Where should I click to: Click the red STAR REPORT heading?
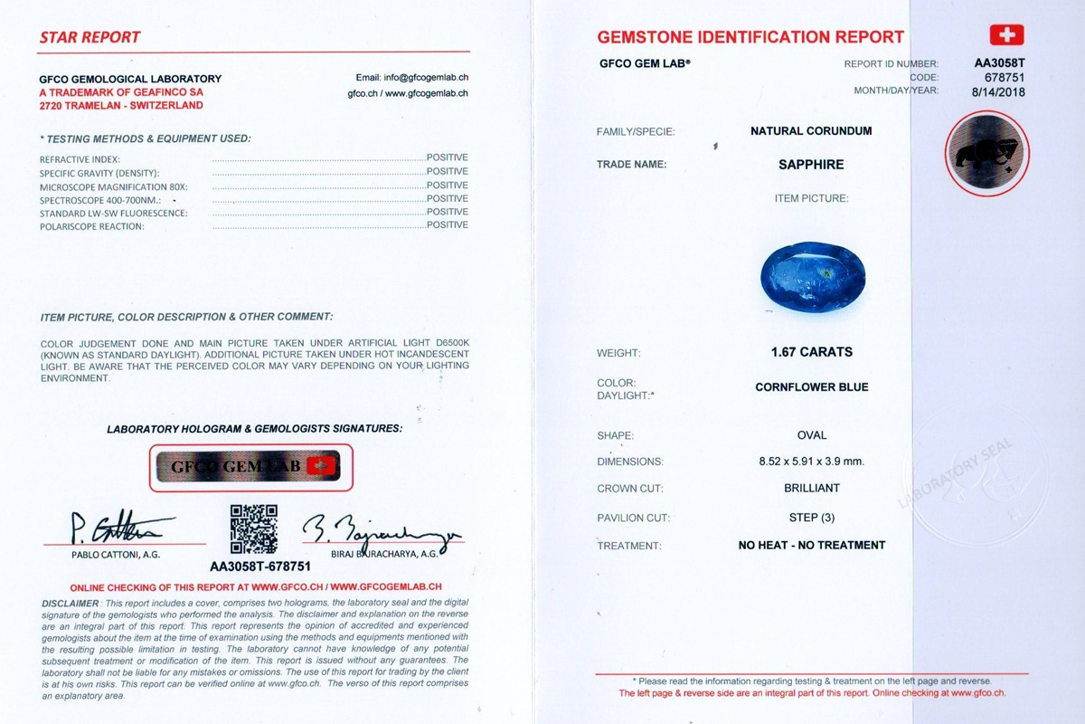coord(90,38)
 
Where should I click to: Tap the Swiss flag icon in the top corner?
coord(1006,35)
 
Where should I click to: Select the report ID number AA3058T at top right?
coord(999,64)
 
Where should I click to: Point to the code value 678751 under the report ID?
coord(1006,78)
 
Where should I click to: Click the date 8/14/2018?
coord(999,91)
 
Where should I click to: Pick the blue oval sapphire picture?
coord(813,275)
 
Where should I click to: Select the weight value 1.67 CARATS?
coord(811,352)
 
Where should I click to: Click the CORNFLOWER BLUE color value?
coord(811,387)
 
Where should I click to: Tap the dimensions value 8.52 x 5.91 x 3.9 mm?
coord(811,462)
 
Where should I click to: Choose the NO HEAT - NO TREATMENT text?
coord(811,546)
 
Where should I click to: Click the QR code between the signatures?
coord(254,529)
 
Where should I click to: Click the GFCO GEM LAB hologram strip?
coord(250,467)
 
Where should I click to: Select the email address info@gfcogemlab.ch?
coord(411,78)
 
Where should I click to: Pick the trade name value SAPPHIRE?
coord(811,165)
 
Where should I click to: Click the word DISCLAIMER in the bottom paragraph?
coord(71,603)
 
